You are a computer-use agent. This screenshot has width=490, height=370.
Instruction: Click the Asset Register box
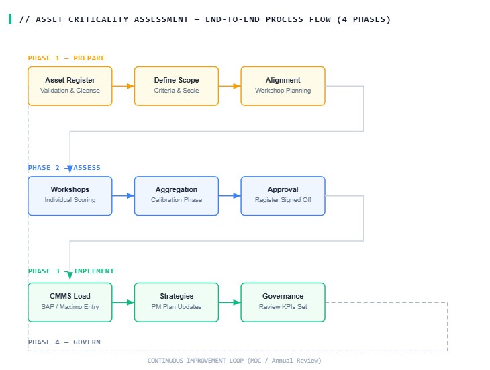pyautogui.click(x=70, y=86)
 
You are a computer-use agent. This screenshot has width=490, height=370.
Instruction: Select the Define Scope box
pyautogui.click(x=177, y=86)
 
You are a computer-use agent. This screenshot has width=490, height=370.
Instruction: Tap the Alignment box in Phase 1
pyautogui.click(x=283, y=86)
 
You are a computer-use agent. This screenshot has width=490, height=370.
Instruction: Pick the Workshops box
pyautogui.click(x=70, y=195)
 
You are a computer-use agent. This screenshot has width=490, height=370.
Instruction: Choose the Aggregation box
pyautogui.click(x=177, y=195)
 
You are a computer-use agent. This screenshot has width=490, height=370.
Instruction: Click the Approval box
pyautogui.click(x=283, y=195)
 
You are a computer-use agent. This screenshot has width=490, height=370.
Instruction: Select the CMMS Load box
pyautogui.click(x=70, y=302)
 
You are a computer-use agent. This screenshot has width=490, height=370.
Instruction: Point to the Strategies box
pyautogui.click(x=177, y=302)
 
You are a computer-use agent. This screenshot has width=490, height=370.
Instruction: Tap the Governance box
pyautogui.click(x=283, y=302)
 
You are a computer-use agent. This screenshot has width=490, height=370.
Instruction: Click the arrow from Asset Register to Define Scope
pyautogui.click(x=124, y=86)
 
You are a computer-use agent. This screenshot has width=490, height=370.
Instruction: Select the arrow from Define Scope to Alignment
pyautogui.click(x=230, y=86)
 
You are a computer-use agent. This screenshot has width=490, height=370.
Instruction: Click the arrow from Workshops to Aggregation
pyautogui.click(x=124, y=195)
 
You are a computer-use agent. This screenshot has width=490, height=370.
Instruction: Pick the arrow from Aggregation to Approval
pyautogui.click(x=230, y=195)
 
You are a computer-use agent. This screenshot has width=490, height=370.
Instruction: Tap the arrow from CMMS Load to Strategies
pyautogui.click(x=124, y=302)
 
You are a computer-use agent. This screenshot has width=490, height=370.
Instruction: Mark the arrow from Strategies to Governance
pyautogui.click(x=230, y=302)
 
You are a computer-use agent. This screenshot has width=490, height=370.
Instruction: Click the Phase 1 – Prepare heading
pyautogui.click(x=66, y=58)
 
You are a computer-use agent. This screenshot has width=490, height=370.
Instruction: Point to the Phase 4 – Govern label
pyautogui.click(x=64, y=342)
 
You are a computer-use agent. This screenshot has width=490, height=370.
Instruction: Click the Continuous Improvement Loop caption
pyautogui.click(x=234, y=361)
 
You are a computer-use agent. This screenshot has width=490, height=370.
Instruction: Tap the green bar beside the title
pyautogui.click(x=10, y=19)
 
